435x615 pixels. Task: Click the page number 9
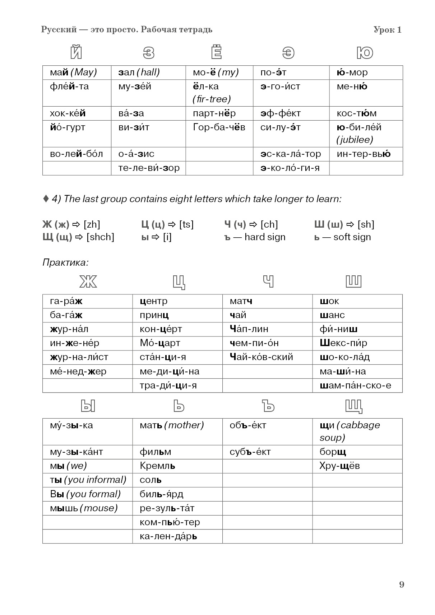click(x=401, y=584)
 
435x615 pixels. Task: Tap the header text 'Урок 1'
click(x=387, y=30)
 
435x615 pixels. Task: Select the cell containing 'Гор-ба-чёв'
click(x=219, y=127)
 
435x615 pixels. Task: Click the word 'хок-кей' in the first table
click(x=68, y=113)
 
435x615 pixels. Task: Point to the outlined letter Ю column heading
click(x=365, y=53)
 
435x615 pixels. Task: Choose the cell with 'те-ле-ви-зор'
click(x=149, y=168)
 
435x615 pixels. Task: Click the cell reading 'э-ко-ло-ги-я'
click(x=290, y=168)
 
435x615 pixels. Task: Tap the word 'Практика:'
click(x=65, y=262)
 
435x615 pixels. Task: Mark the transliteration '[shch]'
click(x=100, y=237)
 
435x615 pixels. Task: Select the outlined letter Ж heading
click(x=88, y=281)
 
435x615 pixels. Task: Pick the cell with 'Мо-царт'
click(x=160, y=343)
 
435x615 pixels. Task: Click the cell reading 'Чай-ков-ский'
click(x=261, y=357)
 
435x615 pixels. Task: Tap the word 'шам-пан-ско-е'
click(x=355, y=386)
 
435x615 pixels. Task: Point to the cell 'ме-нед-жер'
click(x=78, y=372)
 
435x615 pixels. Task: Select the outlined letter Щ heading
click(x=353, y=406)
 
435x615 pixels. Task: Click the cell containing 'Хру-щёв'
click(x=339, y=466)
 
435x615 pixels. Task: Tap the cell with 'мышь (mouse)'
click(x=84, y=508)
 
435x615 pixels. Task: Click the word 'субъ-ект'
click(x=250, y=452)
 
